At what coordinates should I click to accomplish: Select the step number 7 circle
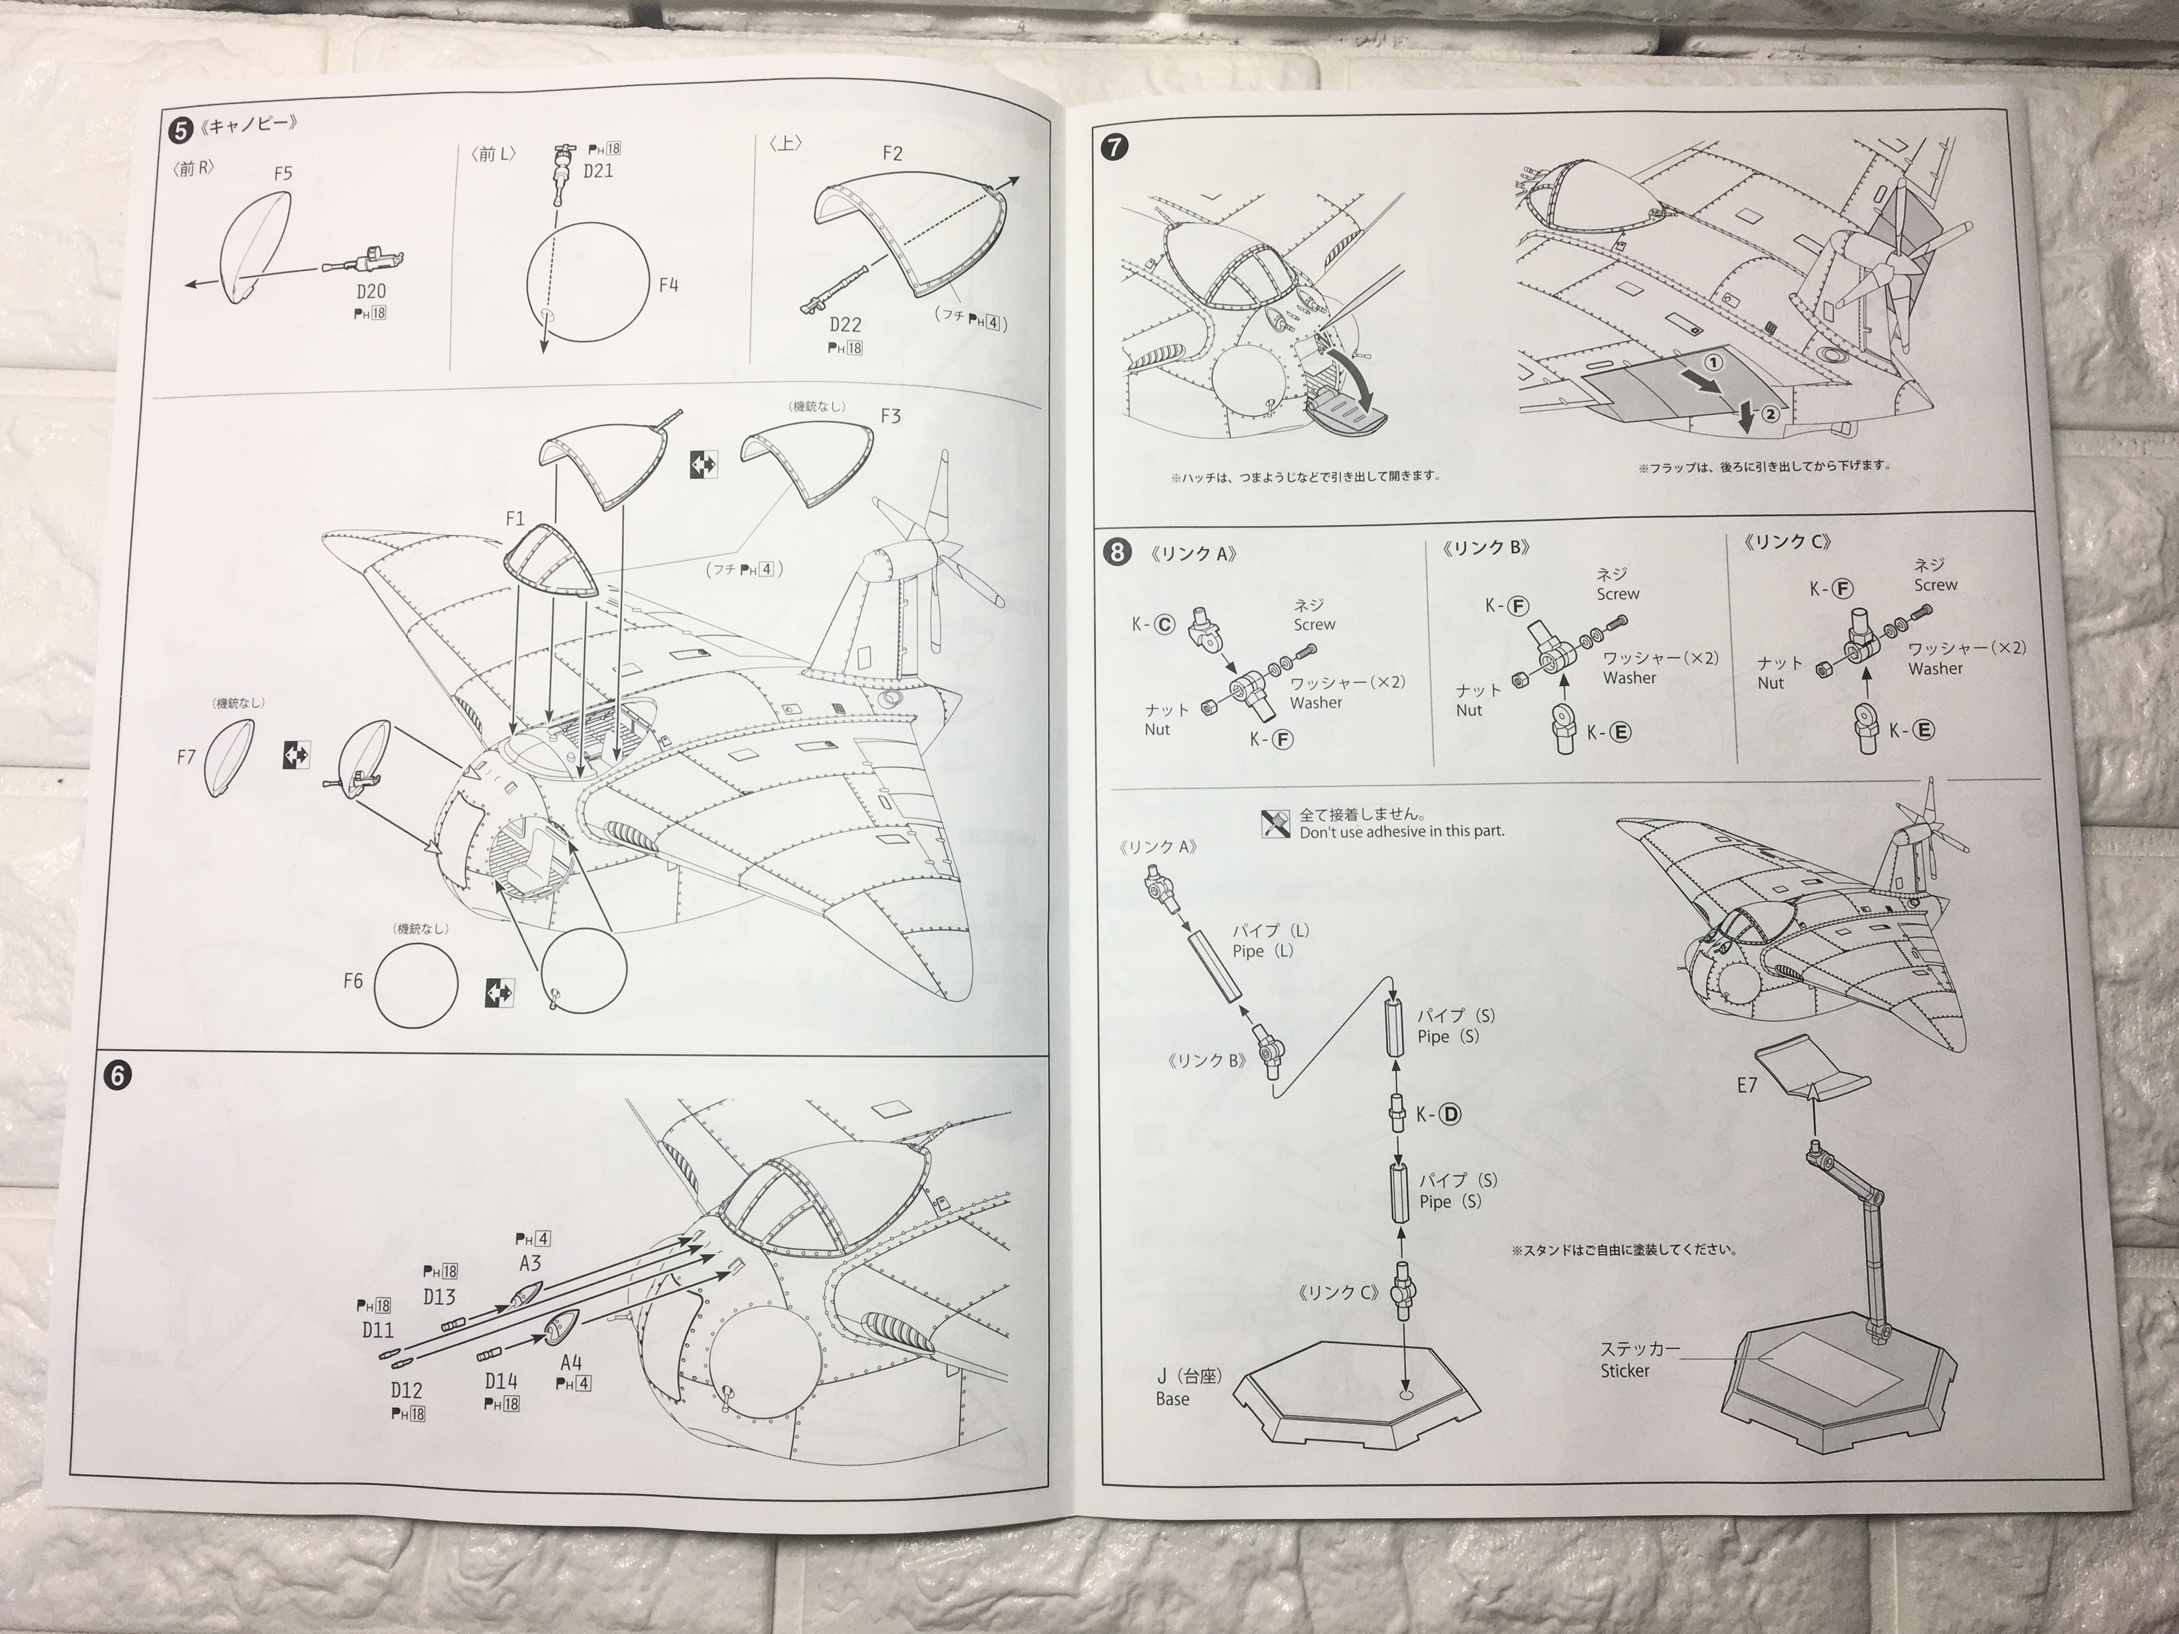point(1114,148)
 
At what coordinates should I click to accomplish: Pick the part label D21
point(598,170)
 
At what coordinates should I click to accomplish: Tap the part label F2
point(892,153)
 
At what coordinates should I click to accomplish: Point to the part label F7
point(186,758)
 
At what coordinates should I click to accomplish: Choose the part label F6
point(353,981)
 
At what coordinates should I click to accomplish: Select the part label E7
point(1747,1086)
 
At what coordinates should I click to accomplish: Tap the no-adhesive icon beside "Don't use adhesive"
point(1275,823)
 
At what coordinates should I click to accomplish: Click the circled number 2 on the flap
point(1770,414)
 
